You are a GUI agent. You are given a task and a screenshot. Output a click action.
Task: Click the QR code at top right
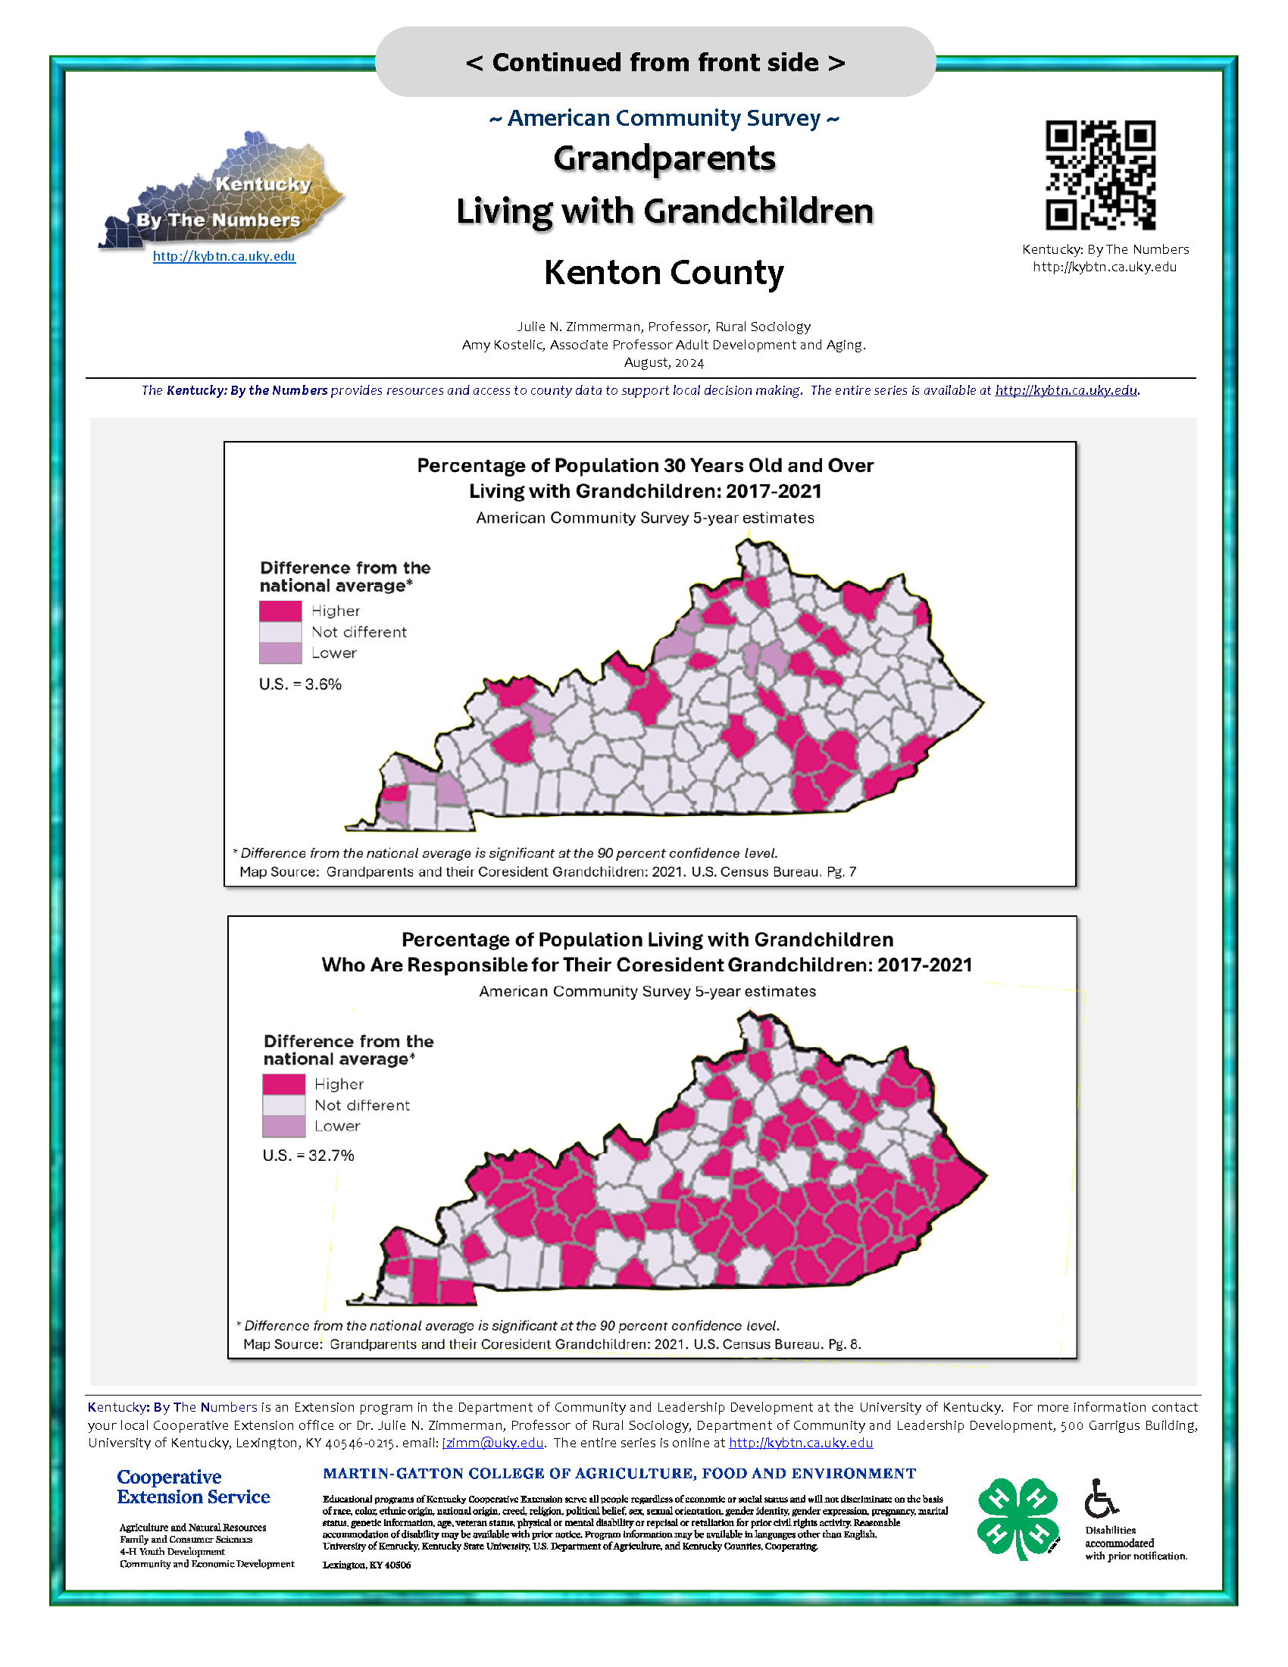pos(1099,175)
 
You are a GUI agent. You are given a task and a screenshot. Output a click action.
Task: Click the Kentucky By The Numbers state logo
pos(221,192)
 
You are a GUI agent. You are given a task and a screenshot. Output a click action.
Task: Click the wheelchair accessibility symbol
pos(1100,1497)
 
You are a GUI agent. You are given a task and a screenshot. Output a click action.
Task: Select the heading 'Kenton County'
pos(663,273)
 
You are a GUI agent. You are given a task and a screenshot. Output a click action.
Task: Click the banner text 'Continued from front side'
pos(655,62)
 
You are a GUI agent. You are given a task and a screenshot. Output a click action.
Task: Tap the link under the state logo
pos(224,256)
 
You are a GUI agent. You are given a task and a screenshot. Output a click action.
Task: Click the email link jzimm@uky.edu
pos(493,1443)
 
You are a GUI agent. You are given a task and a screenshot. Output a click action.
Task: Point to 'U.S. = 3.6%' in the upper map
pos(300,684)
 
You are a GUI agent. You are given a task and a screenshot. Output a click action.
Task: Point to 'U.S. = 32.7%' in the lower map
pos(308,1156)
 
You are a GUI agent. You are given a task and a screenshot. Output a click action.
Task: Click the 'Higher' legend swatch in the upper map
pos(280,611)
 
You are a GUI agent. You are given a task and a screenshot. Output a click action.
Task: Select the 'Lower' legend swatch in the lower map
pos(284,1127)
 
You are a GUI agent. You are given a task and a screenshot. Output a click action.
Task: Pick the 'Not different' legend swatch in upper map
pos(280,632)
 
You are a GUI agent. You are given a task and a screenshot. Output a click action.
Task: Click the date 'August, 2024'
pos(663,362)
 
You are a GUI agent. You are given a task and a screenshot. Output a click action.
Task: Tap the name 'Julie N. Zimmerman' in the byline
pos(578,327)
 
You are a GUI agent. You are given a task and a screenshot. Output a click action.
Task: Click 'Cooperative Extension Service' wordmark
pos(193,1487)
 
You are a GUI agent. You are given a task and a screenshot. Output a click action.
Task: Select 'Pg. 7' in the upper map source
pos(841,871)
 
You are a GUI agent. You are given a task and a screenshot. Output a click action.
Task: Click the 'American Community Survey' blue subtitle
pos(663,118)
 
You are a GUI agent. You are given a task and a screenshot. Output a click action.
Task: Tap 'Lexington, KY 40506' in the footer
pos(366,1565)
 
